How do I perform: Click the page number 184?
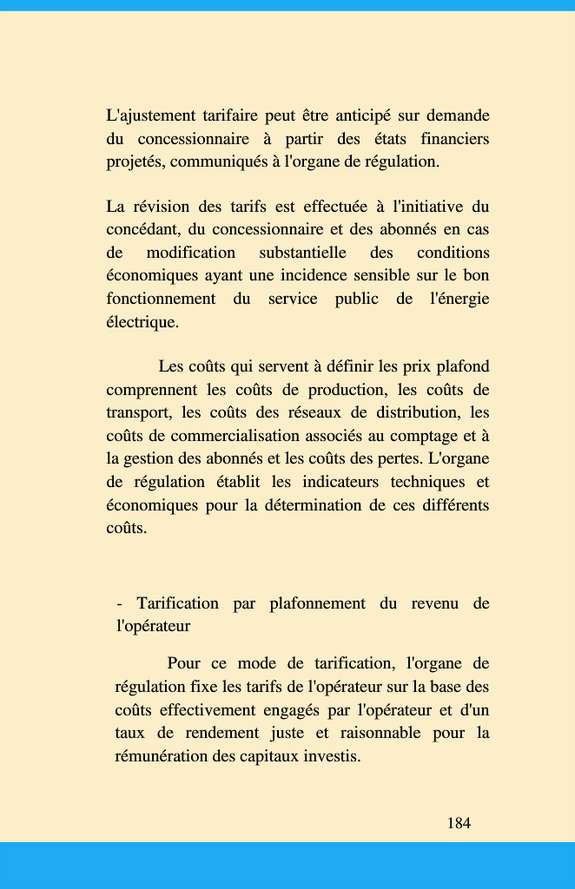tap(459, 823)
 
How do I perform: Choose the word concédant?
tap(142, 229)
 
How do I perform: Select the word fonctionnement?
tap(161, 299)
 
